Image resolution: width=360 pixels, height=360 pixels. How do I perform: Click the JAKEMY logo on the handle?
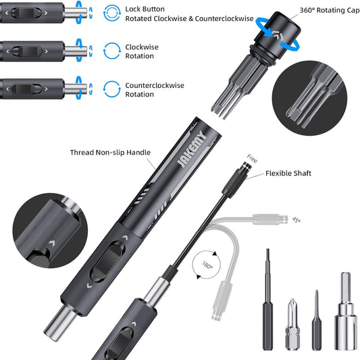pyautogui.click(x=192, y=149)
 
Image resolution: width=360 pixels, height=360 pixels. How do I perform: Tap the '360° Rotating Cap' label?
pyautogui.click(x=330, y=10)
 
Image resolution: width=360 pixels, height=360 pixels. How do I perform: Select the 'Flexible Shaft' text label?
pyautogui.click(x=288, y=173)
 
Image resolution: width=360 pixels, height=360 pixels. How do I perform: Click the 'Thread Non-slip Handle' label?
pyautogui.click(x=110, y=153)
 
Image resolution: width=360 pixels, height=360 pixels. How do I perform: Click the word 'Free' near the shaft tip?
pyautogui.click(x=252, y=159)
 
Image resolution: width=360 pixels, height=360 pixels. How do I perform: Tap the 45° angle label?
pyautogui.click(x=297, y=220)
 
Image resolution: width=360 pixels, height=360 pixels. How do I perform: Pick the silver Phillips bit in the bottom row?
pyautogui.click(x=292, y=324)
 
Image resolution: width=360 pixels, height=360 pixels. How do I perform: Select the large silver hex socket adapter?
pyautogui.click(x=346, y=311)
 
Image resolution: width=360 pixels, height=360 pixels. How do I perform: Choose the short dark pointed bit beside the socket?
pyautogui.click(x=317, y=320)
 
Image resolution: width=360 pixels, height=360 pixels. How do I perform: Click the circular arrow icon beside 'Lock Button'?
pyautogui.click(x=112, y=13)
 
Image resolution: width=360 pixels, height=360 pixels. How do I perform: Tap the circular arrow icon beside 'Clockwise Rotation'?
pyautogui.click(x=112, y=51)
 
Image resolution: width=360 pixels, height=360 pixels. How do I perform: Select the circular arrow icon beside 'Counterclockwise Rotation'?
pyautogui.click(x=112, y=89)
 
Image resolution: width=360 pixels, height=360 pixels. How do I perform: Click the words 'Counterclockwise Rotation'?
pyautogui.click(x=155, y=90)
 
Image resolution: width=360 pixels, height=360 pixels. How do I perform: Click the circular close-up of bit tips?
pyautogui.click(x=309, y=98)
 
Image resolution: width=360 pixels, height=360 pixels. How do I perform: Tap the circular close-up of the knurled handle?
pyautogui.click(x=50, y=230)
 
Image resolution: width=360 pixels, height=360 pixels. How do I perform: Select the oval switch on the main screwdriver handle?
pyautogui.click(x=108, y=261)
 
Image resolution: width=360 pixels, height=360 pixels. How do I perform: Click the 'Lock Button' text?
pyautogui.click(x=145, y=9)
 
